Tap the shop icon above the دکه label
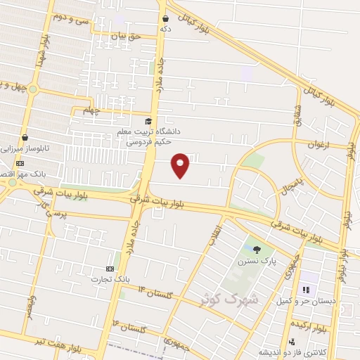165,19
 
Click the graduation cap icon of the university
148,122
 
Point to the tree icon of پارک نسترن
257,249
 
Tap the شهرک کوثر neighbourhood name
229,298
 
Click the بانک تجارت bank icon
109,269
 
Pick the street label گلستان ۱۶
133,328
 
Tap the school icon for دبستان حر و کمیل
306,289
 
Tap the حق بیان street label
127,34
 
